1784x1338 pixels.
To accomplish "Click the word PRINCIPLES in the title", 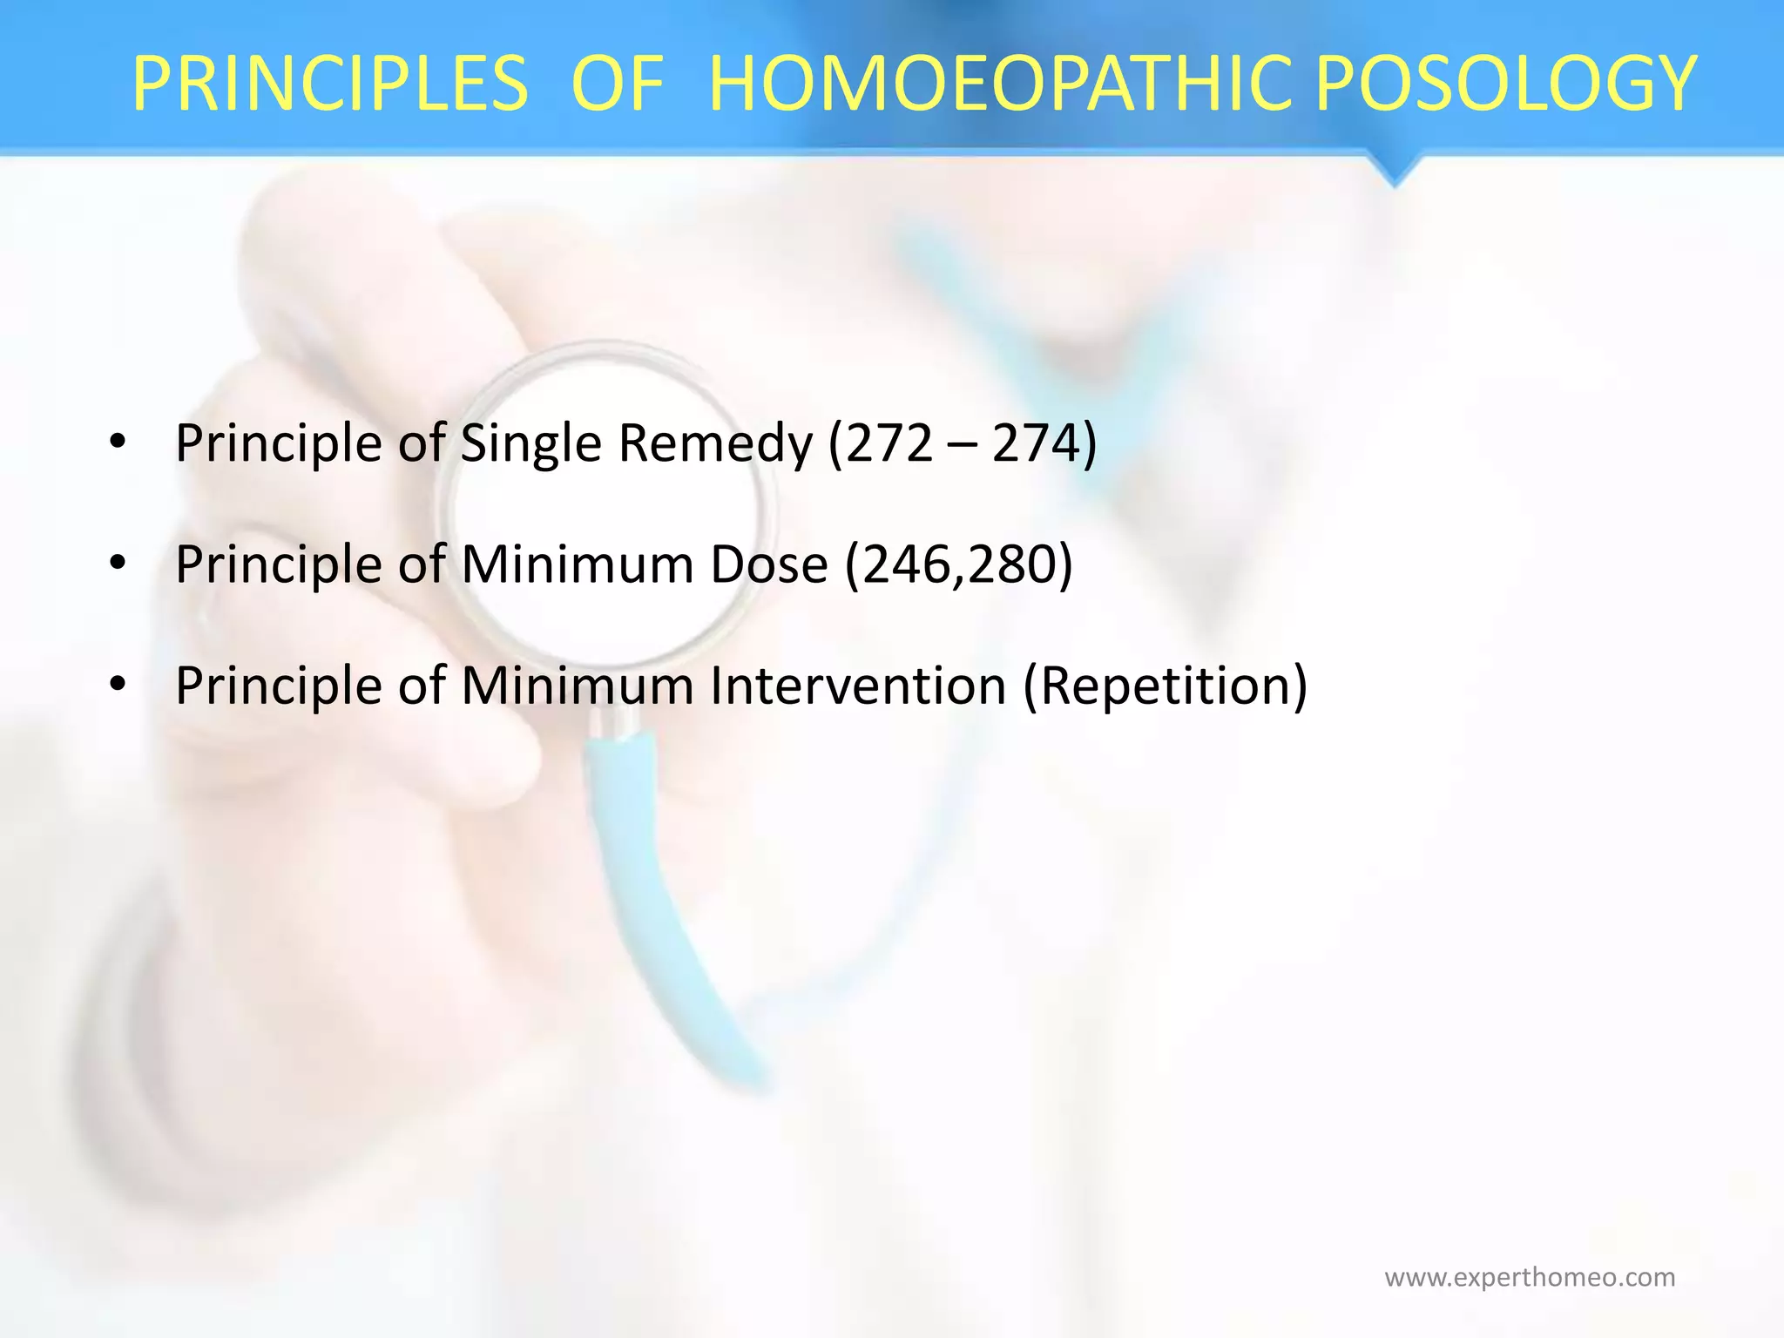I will click(x=329, y=84).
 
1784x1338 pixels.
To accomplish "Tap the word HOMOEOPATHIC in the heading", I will click(x=1000, y=84).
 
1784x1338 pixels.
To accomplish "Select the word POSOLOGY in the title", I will click(x=1505, y=84).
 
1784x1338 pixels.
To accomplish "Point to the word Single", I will click(x=530, y=444).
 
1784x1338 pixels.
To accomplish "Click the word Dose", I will click(x=768, y=564).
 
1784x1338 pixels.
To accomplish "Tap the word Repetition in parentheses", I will click(x=1165, y=686).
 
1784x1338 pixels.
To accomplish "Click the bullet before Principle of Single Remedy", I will click(x=118, y=443).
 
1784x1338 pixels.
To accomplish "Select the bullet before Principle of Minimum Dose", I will click(x=118, y=564).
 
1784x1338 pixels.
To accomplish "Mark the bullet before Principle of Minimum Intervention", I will click(x=118, y=685).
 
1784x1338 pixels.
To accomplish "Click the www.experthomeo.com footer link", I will click(x=1530, y=1277).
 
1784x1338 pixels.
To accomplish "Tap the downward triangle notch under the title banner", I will click(x=1395, y=170).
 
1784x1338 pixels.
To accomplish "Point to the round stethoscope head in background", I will click(x=607, y=505).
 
